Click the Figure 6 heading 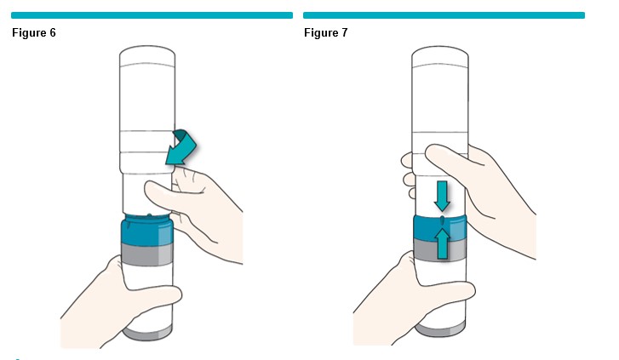pos(34,32)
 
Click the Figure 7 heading pos(326,32)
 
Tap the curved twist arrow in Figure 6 pos(182,148)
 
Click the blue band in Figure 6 pos(146,230)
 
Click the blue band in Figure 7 pos(440,228)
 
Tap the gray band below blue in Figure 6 pos(146,254)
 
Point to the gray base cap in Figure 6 pos(146,332)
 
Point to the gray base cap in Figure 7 pos(440,329)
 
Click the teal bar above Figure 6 pos(152,15)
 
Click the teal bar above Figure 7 pos(444,15)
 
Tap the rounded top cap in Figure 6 pos(147,56)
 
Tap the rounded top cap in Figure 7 pos(440,57)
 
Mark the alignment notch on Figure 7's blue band pos(442,220)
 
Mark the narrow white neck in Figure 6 pos(147,193)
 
